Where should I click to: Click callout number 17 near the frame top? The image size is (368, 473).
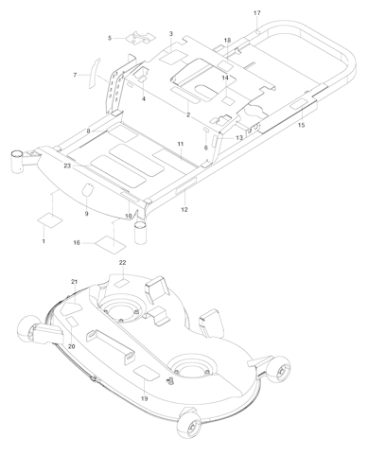[256, 12]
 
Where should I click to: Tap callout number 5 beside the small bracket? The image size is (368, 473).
[109, 38]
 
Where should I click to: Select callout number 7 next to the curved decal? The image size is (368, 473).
[76, 74]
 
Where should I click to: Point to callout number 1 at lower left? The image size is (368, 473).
[43, 243]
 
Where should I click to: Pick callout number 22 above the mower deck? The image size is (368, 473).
[122, 261]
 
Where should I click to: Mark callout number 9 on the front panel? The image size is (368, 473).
[86, 214]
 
